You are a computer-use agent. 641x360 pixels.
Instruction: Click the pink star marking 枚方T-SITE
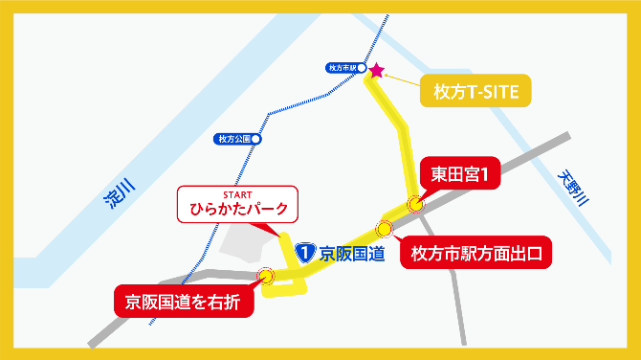coord(376,70)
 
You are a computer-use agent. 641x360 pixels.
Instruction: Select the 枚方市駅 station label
coord(341,68)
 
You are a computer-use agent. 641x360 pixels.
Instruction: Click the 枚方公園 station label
coord(232,139)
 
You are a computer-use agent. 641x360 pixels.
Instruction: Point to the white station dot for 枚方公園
coord(255,139)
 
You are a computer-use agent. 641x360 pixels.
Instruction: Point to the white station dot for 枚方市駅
coord(361,68)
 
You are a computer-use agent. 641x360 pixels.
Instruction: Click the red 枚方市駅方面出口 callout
coord(475,254)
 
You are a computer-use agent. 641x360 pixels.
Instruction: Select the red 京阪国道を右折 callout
coord(186,301)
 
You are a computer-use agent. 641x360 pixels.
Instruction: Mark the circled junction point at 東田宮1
coord(414,203)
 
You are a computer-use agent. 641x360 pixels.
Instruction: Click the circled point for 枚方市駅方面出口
coord(385,229)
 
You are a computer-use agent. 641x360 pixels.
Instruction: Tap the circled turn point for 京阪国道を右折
coord(266,277)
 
